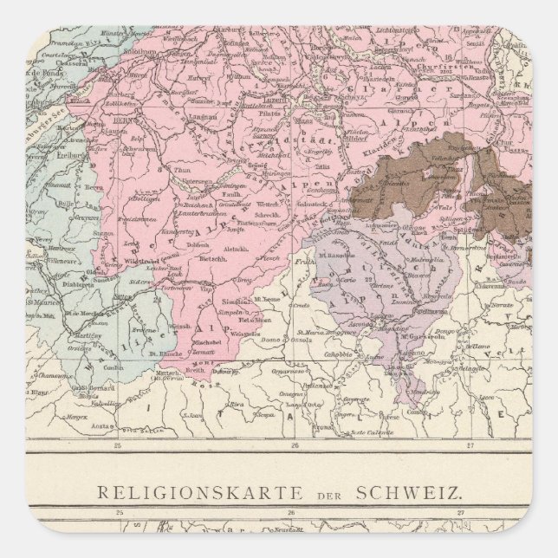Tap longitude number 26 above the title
tap(294, 447)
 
